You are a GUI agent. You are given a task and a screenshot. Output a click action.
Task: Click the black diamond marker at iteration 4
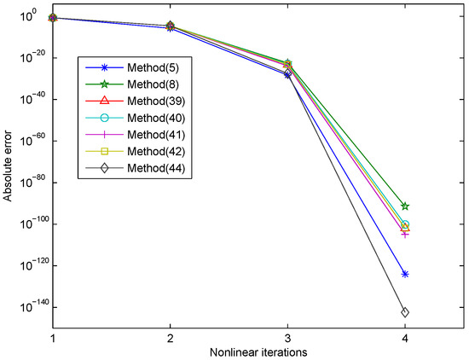click(x=404, y=312)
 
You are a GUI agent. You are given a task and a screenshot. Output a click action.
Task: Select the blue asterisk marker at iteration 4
click(x=404, y=274)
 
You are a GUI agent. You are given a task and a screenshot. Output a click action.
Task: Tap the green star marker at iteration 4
click(x=404, y=206)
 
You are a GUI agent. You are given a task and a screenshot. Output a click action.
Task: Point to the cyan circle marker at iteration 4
click(x=404, y=224)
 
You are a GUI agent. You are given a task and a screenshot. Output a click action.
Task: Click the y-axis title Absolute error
click(x=8, y=171)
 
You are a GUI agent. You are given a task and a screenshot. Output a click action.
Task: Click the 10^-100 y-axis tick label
click(x=29, y=224)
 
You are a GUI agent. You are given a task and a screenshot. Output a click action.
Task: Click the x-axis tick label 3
click(x=287, y=337)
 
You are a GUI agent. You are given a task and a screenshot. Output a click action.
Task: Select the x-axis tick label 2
click(x=171, y=337)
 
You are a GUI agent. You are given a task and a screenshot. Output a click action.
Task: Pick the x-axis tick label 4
click(x=404, y=337)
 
